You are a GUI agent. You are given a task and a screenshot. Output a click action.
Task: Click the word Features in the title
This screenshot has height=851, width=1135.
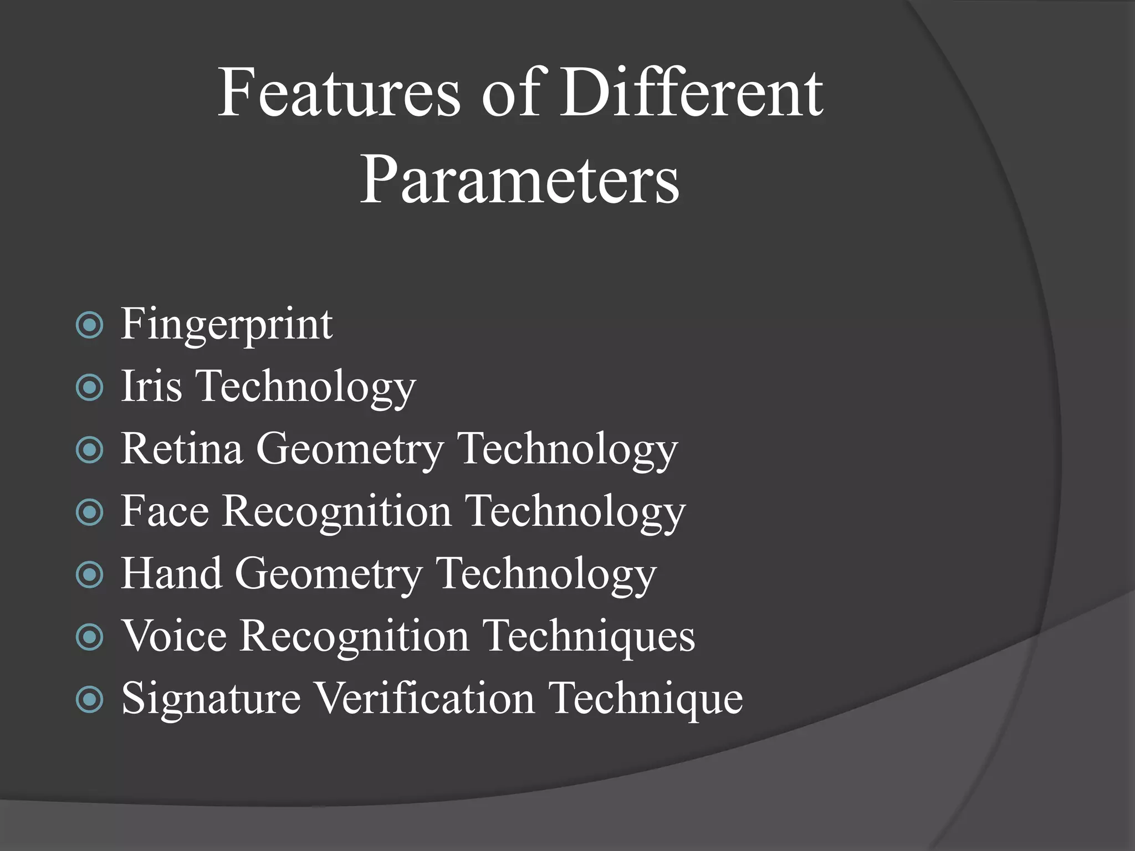(339, 93)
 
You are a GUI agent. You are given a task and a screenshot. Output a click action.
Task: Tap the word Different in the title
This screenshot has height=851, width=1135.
(691, 93)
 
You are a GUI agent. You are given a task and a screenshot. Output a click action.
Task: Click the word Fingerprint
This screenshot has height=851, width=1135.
(227, 325)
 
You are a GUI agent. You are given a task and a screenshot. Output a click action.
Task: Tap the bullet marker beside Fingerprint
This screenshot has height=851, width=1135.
(90, 326)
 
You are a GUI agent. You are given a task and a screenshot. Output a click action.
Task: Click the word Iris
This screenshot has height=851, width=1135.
(151, 386)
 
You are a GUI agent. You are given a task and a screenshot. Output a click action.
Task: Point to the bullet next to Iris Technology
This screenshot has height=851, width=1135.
(90, 388)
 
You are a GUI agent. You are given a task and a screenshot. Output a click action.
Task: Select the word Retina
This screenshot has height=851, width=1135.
(182, 449)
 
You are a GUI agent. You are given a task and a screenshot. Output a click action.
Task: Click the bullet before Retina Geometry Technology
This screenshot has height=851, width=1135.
(90, 450)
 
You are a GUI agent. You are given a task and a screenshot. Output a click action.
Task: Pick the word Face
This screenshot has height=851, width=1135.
(165, 511)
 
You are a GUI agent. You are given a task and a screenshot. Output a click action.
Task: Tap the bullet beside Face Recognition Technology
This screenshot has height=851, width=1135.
(90, 512)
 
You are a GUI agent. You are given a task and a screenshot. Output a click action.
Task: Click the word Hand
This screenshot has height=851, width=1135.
(171, 573)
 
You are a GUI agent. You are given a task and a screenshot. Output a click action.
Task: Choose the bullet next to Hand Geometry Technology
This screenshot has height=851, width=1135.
(90, 575)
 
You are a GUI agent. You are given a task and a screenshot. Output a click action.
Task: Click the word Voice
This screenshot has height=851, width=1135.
(174, 636)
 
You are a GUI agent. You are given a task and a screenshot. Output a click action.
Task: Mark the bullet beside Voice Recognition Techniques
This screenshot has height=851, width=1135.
(90, 637)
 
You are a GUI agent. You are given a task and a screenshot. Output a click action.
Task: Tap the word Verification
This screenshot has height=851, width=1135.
(425, 698)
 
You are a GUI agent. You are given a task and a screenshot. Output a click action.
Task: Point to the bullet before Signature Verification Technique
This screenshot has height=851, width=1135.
(90, 700)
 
